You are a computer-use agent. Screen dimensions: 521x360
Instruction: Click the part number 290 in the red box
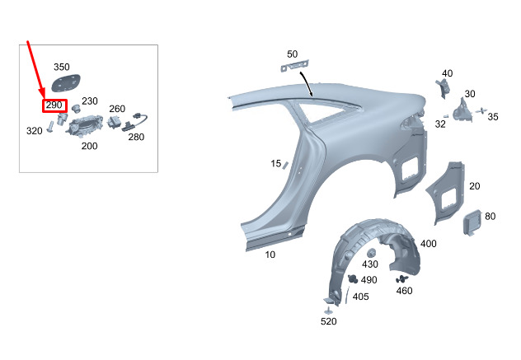pyautogui.click(x=54, y=105)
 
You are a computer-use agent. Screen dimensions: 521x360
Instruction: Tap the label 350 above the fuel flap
pyautogui.click(x=63, y=67)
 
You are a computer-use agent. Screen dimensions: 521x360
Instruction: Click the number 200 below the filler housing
pyautogui.click(x=89, y=146)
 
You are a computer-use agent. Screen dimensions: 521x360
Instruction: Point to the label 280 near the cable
pyautogui.click(x=136, y=137)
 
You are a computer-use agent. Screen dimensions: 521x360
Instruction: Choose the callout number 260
pyautogui.click(x=117, y=109)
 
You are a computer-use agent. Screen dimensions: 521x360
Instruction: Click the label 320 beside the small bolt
pyautogui.click(x=34, y=131)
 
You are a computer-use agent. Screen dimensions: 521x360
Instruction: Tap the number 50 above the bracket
pyautogui.click(x=293, y=54)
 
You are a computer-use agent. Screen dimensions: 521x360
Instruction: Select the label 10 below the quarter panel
pyautogui.click(x=270, y=255)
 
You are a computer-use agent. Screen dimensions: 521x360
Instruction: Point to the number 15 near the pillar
pyautogui.click(x=276, y=164)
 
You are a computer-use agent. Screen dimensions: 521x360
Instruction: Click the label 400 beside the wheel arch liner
pyautogui.click(x=429, y=244)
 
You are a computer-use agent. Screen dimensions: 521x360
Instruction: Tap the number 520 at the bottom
pyautogui.click(x=329, y=321)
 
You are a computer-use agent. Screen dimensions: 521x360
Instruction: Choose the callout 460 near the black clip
pyautogui.click(x=404, y=291)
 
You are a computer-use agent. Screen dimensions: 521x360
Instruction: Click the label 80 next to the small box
pyautogui.click(x=490, y=217)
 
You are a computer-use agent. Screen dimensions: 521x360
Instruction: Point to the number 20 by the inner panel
pyautogui.click(x=474, y=186)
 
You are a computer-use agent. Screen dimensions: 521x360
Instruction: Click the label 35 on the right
pyautogui.click(x=493, y=118)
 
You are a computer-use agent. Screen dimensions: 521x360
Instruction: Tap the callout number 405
pyautogui.click(x=361, y=297)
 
